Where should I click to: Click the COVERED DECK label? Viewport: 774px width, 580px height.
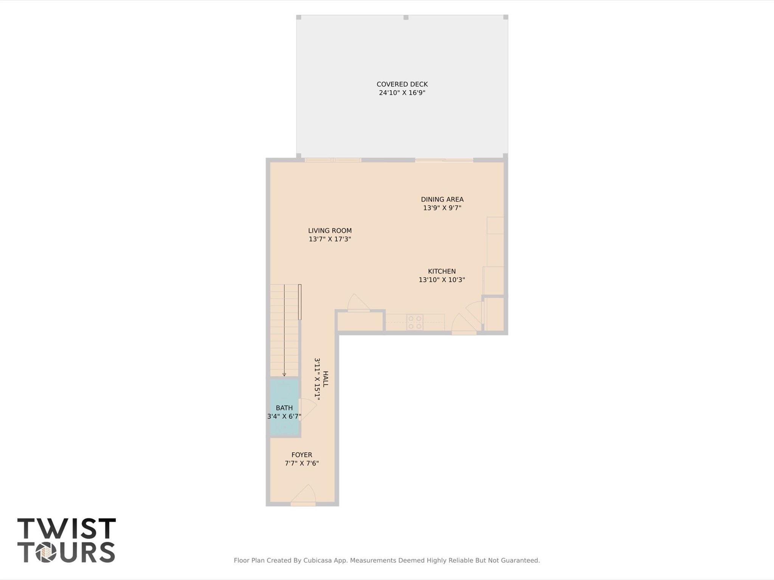coord(402,84)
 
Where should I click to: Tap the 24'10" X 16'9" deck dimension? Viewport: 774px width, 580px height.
coord(402,93)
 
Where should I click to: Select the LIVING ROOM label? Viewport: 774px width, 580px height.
coord(330,230)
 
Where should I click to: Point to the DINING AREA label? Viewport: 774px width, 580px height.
coord(442,199)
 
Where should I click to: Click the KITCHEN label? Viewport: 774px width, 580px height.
coord(442,271)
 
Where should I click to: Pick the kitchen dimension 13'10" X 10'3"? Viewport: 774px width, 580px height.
coord(442,280)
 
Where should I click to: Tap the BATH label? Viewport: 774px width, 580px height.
coord(284,408)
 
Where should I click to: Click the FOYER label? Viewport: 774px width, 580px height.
coord(302,455)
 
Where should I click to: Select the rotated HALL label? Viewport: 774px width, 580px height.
coord(326,379)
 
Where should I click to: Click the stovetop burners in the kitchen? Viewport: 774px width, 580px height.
coord(415,322)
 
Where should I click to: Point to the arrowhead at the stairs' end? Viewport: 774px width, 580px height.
coord(284,374)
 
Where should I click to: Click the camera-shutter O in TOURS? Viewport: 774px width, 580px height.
coord(46,552)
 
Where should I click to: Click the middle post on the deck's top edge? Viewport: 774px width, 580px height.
coord(406,17)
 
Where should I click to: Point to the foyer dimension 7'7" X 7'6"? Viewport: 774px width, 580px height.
coord(302,464)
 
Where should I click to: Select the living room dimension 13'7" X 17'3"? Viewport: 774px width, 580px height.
coord(330,239)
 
